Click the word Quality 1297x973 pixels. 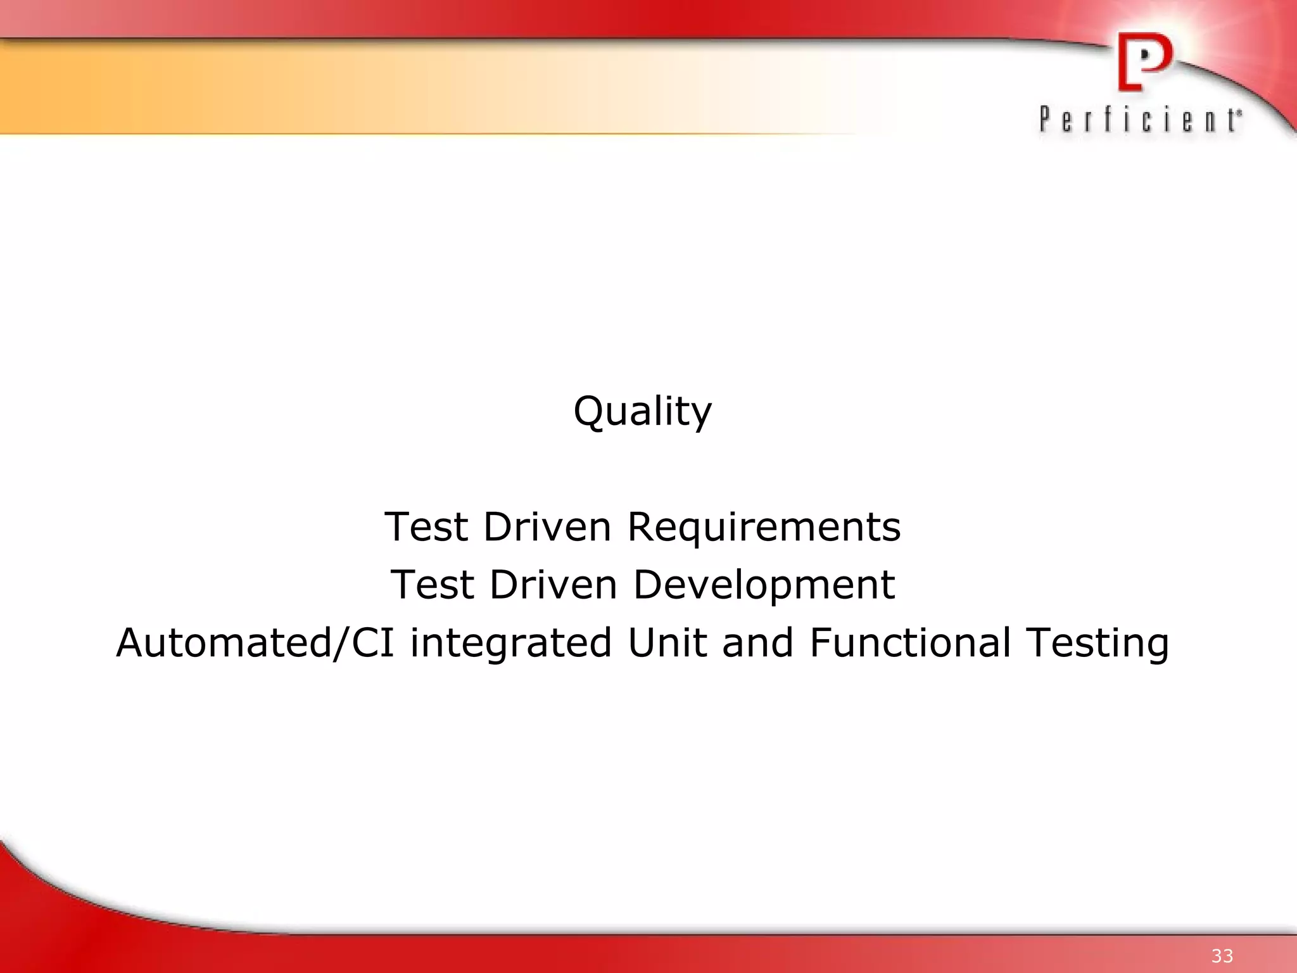point(642,411)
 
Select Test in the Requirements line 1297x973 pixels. point(426,526)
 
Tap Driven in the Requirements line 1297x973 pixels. point(547,526)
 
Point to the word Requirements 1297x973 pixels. point(764,528)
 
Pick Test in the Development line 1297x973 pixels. point(433,584)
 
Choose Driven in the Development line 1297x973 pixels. point(553,584)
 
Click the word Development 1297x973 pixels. point(764,585)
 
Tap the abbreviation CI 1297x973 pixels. point(373,642)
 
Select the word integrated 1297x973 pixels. point(510,644)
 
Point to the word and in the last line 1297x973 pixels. point(757,642)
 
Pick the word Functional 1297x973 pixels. point(909,642)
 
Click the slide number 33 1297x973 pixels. point(1222,956)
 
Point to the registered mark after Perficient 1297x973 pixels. point(1239,112)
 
